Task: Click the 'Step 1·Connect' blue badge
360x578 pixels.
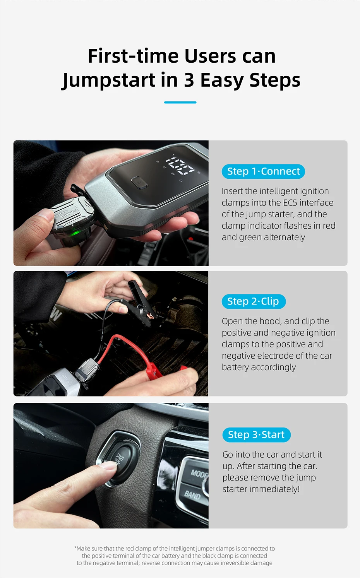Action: click(263, 171)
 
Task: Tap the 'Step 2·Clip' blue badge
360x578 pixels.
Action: click(254, 301)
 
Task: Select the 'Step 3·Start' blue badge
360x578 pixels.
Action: click(256, 435)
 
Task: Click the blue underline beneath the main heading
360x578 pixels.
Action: click(180, 103)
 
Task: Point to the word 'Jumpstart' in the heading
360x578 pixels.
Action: click(109, 80)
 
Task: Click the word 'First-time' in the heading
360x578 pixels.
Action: click(133, 56)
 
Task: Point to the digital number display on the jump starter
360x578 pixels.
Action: click(180, 165)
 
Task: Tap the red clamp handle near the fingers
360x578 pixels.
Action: click(160, 371)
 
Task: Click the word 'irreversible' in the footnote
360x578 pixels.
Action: click(226, 563)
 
